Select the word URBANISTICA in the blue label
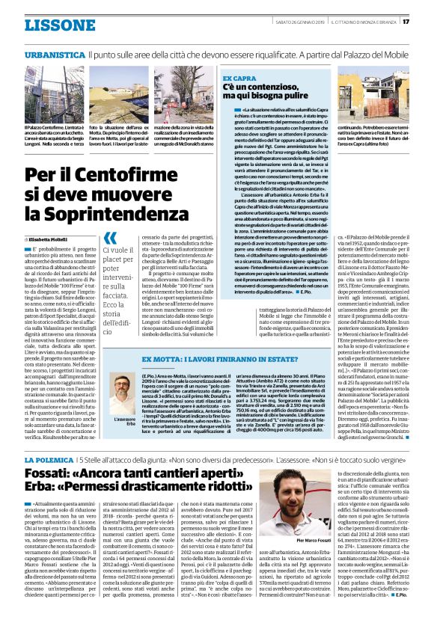click(54, 55)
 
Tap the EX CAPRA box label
click(239, 78)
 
